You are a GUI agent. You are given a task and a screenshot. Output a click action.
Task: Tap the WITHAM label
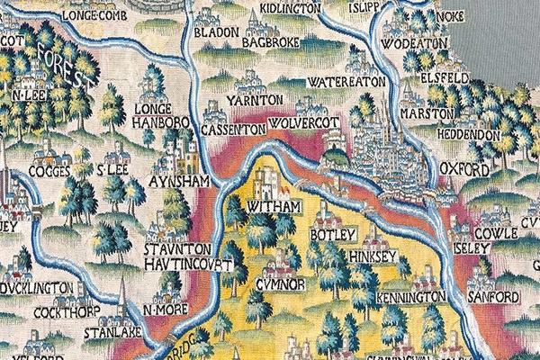coord(267,207)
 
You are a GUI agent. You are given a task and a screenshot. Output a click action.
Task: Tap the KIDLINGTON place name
coord(291,8)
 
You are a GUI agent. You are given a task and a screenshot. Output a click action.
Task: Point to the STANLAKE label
coord(107,332)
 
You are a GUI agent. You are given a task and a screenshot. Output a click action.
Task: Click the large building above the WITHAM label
coord(266,182)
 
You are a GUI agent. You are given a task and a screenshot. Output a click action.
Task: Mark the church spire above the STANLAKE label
coord(120,311)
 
